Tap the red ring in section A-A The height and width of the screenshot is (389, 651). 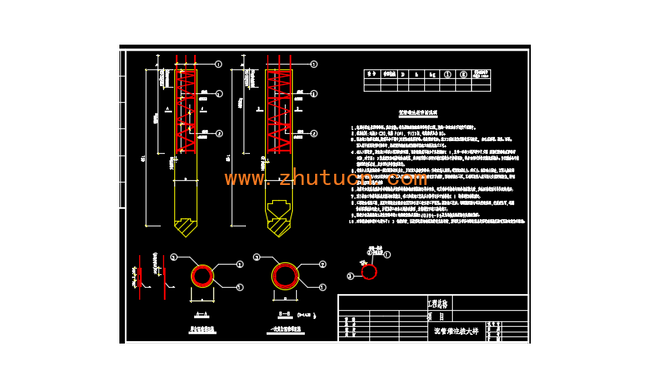[x=202, y=276]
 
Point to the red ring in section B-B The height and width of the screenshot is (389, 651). [x=285, y=276]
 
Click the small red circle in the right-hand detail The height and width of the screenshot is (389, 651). [x=369, y=272]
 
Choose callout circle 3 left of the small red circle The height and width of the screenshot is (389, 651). [x=350, y=276]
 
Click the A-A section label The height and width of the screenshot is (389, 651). [x=202, y=314]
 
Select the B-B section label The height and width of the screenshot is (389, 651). [x=285, y=314]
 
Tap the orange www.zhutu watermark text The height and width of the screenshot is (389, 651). [x=325, y=179]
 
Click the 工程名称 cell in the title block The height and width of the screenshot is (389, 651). [x=439, y=304]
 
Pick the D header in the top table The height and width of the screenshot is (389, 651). [x=403, y=74]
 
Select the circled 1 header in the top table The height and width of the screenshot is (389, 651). [x=447, y=74]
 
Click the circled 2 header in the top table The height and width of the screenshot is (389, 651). [x=463, y=74]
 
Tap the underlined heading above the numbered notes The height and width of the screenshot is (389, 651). [x=418, y=114]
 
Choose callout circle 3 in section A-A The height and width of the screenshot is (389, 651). [x=173, y=257]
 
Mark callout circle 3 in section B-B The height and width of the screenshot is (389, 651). [x=256, y=257]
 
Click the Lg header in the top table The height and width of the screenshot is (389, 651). [x=432, y=74]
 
